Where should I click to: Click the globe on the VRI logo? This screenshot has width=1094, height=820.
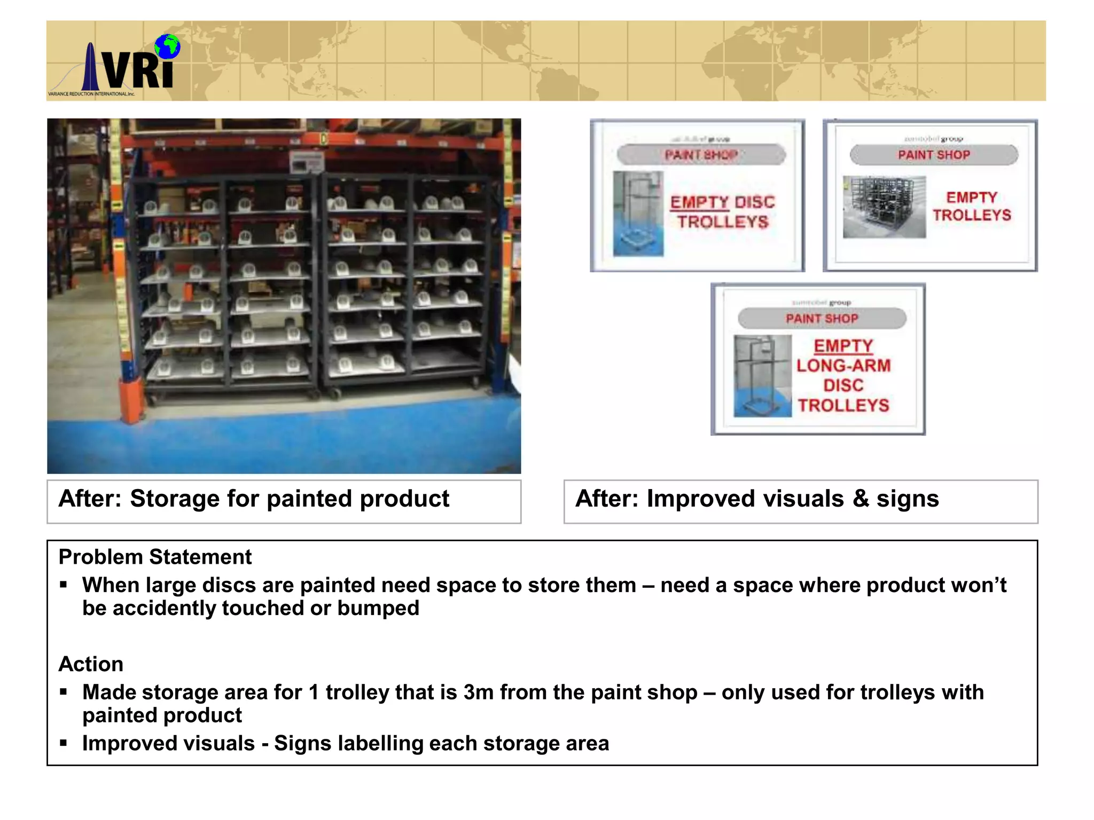(x=168, y=46)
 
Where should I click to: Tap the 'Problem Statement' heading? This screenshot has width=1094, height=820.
(x=155, y=557)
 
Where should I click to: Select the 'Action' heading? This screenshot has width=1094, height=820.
(x=91, y=664)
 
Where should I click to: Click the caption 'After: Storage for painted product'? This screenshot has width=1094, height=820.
(x=254, y=499)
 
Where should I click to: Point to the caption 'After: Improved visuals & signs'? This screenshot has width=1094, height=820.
(x=756, y=499)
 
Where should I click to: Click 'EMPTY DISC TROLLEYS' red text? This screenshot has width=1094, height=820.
(x=722, y=212)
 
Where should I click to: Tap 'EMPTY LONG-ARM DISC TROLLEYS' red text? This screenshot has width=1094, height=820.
(x=843, y=375)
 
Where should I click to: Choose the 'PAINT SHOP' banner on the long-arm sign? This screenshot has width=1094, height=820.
(x=822, y=319)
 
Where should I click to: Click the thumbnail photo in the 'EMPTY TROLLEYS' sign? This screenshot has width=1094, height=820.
(x=884, y=207)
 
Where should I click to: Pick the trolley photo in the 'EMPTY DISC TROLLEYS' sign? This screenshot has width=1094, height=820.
(x=638, y=213)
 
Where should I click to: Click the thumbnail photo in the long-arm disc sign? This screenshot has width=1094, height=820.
(x=762, y=376)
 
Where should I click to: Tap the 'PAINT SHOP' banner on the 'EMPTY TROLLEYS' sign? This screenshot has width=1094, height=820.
(x=934, y=155)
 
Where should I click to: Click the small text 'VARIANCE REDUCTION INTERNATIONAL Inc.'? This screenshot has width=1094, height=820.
(x=91, y=94)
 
